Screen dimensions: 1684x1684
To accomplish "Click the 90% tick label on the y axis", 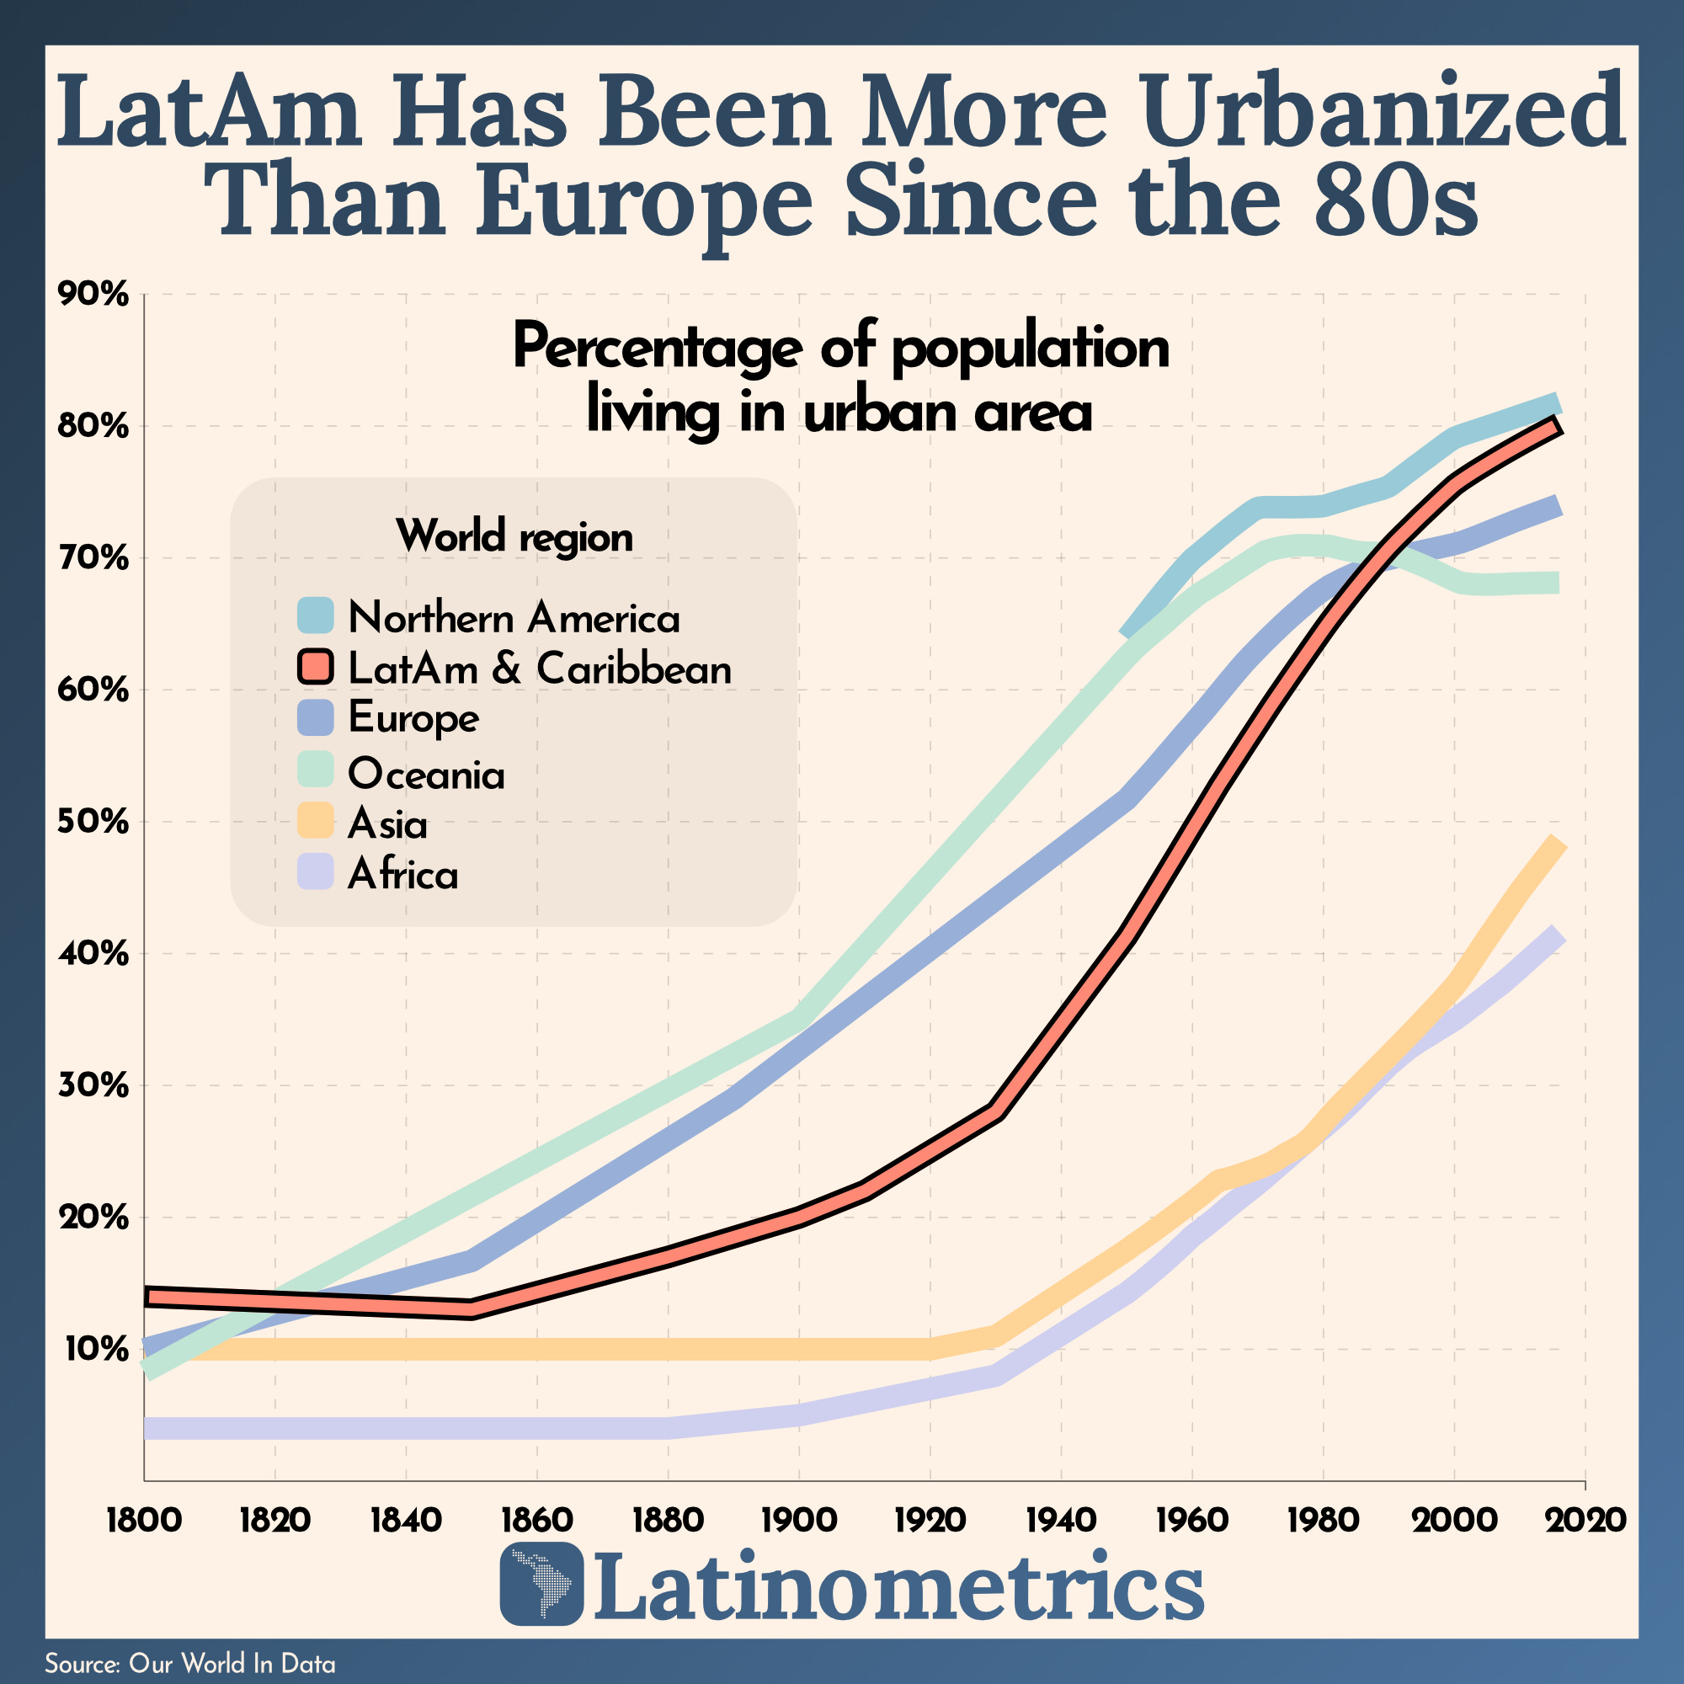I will [93, 295].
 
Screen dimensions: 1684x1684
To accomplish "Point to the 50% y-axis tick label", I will [93, 821].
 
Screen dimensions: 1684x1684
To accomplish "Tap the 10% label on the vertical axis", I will [93, 1348].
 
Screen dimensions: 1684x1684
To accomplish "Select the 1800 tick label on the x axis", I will [144, 1520].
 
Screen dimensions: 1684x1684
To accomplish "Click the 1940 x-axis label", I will [1061, 1520].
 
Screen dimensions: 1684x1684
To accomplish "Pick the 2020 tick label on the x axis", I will [1585, 1520].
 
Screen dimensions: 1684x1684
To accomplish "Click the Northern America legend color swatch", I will [315, 616].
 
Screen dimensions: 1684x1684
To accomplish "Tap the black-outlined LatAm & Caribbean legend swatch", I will [315, 667].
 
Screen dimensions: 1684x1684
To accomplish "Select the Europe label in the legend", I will [413, 718].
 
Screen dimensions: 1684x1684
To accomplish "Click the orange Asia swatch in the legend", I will [315, 821].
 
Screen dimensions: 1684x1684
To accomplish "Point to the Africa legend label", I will [402, 874].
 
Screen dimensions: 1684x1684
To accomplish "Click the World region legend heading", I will [514, 536].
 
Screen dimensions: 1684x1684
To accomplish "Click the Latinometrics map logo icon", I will [541, 1584].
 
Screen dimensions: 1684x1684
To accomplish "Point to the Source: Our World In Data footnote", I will [190, 1663].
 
